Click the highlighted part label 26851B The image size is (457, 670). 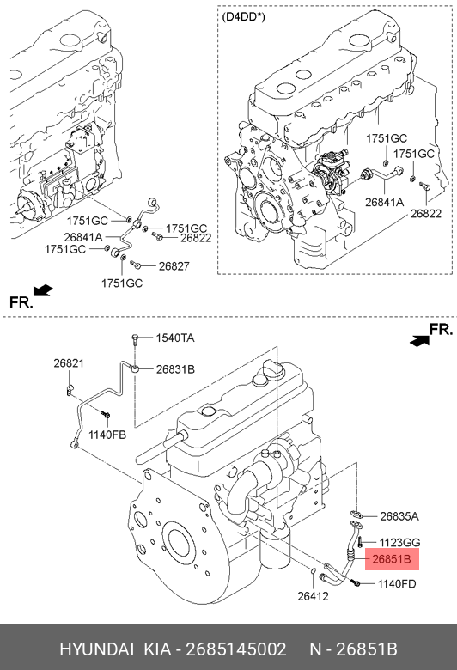392,559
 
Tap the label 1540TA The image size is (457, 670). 175,338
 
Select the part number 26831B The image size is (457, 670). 175,369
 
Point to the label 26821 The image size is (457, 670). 69,363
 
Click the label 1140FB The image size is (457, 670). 107,435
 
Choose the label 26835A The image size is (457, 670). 399,516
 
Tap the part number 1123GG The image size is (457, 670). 400,543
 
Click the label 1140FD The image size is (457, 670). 397,584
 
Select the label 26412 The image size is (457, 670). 313,596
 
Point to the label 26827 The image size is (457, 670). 174,266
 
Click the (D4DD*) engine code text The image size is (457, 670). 243,17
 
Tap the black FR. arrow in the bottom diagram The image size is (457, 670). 419,340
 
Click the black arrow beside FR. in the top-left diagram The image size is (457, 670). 43,290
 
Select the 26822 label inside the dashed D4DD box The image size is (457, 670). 426,213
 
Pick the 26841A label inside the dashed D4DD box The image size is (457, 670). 384,202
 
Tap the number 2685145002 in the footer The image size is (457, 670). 236,649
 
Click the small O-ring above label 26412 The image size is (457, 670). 313,571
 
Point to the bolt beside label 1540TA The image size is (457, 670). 135,339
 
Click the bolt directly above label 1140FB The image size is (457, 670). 106,414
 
